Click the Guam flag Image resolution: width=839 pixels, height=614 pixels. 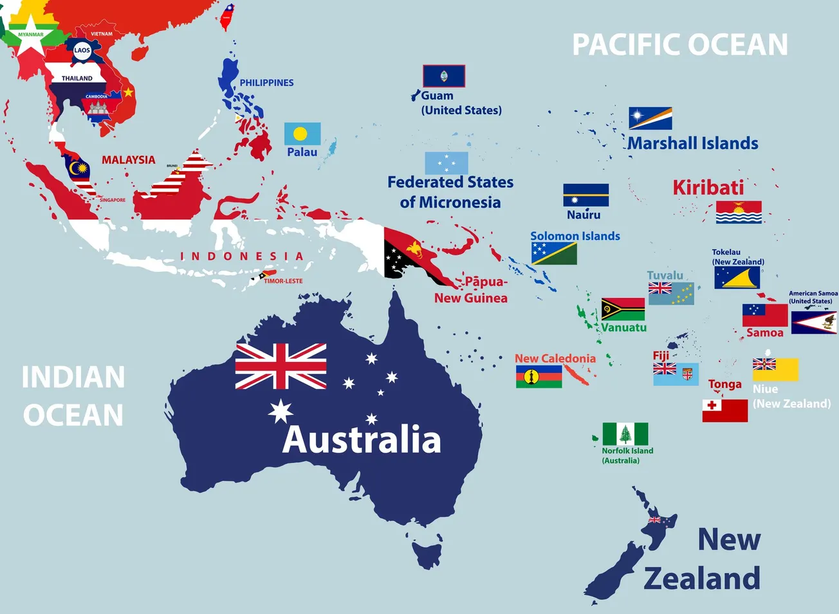[443, 76]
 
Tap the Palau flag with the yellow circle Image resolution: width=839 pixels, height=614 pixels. [302, 134]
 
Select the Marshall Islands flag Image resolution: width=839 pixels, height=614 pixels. [650, 118]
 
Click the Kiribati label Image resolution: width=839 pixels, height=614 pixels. [708, 187]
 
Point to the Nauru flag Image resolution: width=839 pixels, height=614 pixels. [585, 195]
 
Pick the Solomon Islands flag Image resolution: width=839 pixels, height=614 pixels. [554, 254]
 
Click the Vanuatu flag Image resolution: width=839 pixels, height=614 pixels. [623, 309]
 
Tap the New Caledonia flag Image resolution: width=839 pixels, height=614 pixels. [539, 377]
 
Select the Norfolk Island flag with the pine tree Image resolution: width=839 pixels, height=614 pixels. [625, 434]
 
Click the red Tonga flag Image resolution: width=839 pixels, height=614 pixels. [724, 410]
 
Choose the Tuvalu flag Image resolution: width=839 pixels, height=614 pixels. [671, 293]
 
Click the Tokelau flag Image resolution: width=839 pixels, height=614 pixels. [737, 278]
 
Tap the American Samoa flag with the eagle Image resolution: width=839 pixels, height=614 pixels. [814, 322]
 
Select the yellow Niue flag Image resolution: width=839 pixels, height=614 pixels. [775, 370]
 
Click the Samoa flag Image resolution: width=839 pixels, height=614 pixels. [765, 315]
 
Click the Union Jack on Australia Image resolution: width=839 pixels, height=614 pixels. [281, 366]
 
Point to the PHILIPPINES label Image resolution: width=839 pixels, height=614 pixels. [266, 83]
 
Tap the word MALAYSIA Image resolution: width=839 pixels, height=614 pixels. [128, 159]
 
